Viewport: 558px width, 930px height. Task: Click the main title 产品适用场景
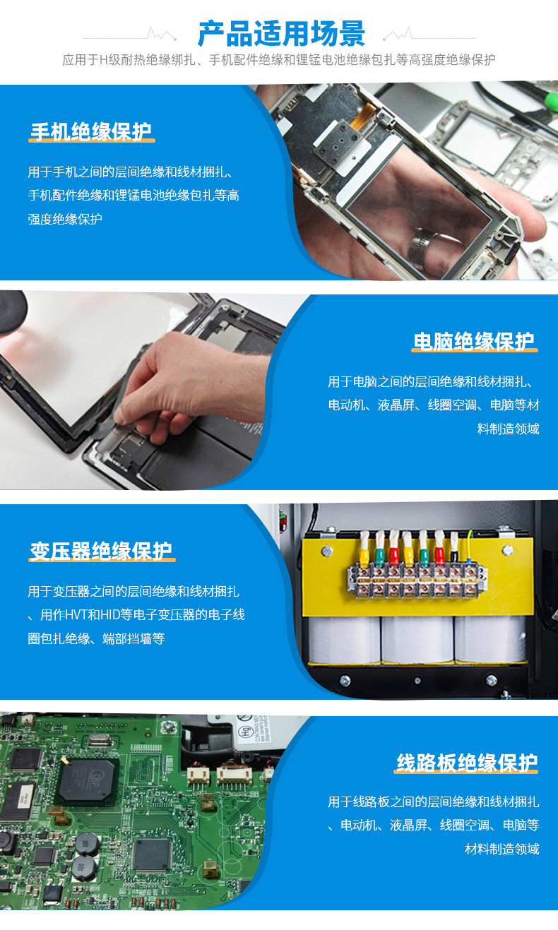tap(281, 33)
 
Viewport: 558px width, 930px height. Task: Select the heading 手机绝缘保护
tap(91, 131)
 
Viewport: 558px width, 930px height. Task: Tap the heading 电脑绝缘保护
tap(474, 341)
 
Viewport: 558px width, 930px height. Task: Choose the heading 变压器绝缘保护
tap(101, 551)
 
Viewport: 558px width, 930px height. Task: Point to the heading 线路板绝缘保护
tap(467, 763)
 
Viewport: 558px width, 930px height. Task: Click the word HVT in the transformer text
tap(76, 614)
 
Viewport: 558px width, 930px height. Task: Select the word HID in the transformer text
tap(110, 614)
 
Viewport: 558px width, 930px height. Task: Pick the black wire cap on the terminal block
tap(455, 554)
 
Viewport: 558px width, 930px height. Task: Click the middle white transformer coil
tap(417, 639)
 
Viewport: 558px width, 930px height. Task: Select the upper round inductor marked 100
tap(86, 842)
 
